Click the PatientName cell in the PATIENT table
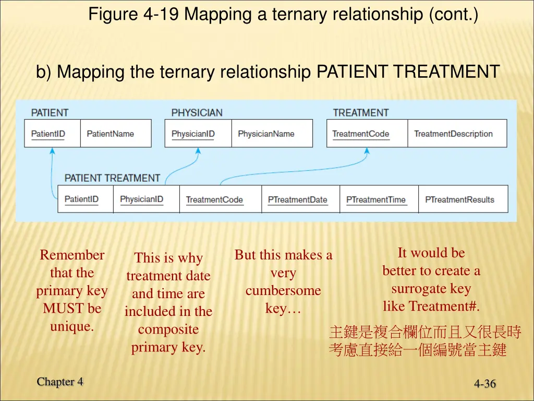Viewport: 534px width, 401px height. click(110, 134)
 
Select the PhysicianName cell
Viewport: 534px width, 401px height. click(266, 134)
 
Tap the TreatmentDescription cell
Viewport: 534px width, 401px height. click(453, 134)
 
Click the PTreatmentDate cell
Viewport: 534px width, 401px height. click(297, 199)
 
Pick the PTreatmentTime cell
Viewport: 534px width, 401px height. click(375, 199)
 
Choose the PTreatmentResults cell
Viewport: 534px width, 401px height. click(459, 199)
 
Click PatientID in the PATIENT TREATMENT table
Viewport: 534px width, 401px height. click(81, 199)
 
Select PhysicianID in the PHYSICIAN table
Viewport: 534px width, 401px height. click(193, 134)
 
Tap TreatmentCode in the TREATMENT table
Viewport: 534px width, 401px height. click(361, 134)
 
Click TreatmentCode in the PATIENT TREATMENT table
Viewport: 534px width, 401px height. click(214, 199)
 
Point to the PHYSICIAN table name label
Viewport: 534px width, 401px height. click(197, 113)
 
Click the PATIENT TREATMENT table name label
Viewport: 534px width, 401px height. click(112, 178)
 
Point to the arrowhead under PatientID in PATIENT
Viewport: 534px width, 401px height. click(51, 151)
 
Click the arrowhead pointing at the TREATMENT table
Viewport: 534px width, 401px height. click(367, 151)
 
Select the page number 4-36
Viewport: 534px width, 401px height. click(485, 384)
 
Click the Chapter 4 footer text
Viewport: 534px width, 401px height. click(60, 382)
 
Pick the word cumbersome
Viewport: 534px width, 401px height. click(283, 291)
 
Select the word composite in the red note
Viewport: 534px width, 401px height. click(168, 329)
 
